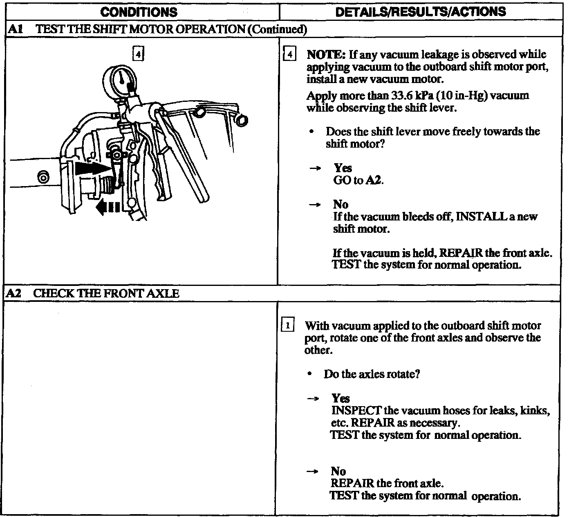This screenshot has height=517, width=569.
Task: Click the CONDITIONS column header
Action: tap(139, 11)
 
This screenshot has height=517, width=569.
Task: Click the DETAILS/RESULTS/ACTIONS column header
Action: tap(420, 11)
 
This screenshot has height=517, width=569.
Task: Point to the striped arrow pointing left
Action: tap(108, 207)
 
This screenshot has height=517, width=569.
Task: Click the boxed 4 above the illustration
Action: tap(139, 54)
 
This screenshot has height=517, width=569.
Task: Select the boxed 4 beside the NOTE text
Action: tap(289, 54)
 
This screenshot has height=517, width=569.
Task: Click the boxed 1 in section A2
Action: tap(288, 326)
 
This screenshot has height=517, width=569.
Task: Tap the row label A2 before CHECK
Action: tap(15, 293)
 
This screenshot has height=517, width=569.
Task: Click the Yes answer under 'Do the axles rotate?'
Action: tap(341, 398)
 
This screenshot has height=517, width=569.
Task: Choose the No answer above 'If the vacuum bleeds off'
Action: tap(341, 204)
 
